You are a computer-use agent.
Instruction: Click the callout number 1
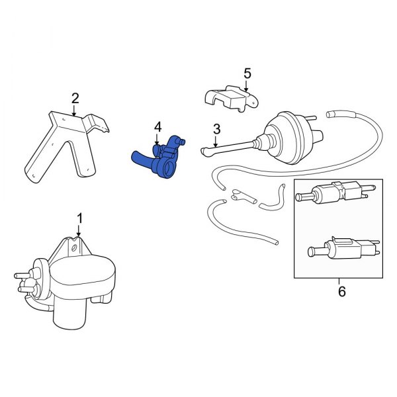click(x=79, y=218)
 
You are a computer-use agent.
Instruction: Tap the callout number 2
click(x=75, y=99)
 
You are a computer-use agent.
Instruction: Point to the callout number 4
click(x=157, y=126)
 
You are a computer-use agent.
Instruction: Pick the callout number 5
click(x=247, y=73)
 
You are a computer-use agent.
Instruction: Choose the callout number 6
click(x=341, y=290)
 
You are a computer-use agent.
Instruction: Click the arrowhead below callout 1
click(x=79, y=235)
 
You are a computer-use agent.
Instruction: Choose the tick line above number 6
click(x=341, y=280)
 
